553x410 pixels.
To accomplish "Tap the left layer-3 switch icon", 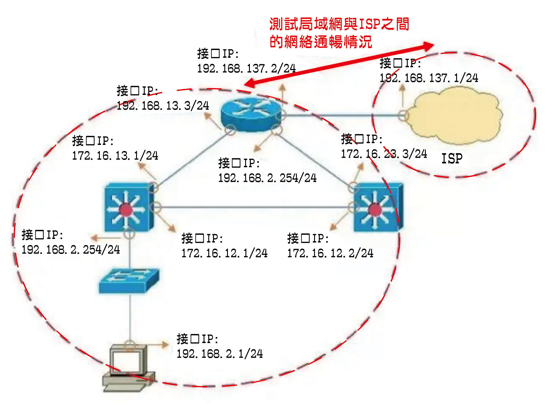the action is (x=129, y=207).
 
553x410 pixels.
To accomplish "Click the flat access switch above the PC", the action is (x=129, y=281).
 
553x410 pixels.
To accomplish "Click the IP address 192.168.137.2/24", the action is (x=246, y=68).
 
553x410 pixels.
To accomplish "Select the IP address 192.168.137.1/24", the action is (x=429, y=78).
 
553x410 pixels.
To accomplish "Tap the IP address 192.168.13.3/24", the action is (x=163, y=106).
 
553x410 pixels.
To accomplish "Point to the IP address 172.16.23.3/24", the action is (x=384, y=154).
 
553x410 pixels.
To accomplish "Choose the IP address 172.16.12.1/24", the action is (x=224, y=253).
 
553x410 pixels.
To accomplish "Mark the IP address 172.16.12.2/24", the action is (x=330, y=253).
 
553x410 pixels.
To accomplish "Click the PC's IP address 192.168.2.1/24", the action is (x=220, y=354).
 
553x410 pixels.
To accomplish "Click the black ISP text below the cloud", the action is (x=452, y=159).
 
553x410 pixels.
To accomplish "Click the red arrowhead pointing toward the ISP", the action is (x=427, y=46).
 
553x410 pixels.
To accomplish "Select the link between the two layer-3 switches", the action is (x=254, y=207).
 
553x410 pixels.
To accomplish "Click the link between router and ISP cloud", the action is (x=342, y=115).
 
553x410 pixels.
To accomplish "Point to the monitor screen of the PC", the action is (x=125, y=362).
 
